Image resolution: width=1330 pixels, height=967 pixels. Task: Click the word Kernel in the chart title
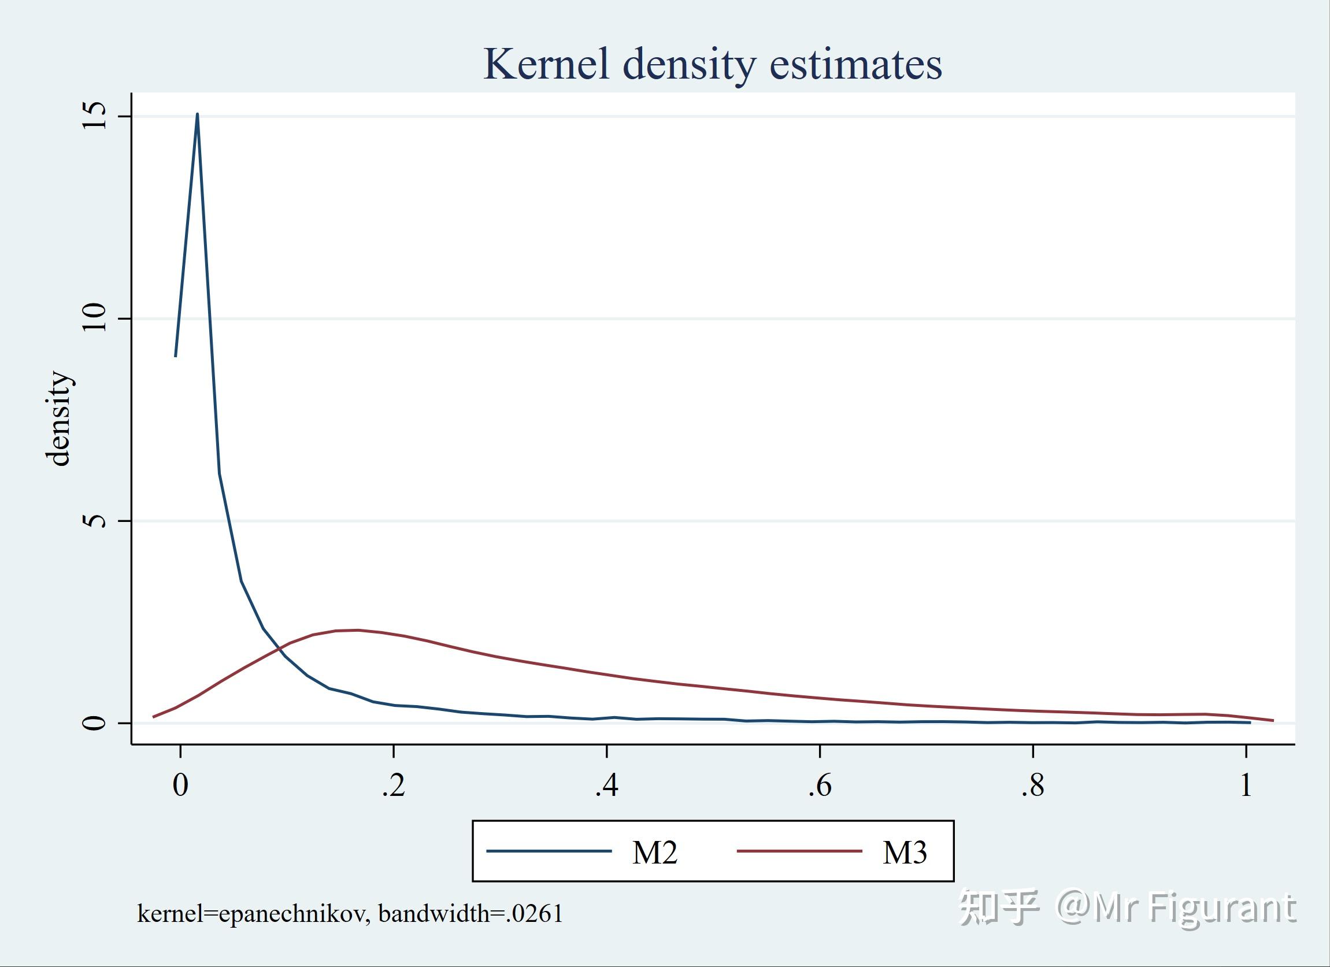(546, 64)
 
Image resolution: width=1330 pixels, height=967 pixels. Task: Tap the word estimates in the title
(855, 64)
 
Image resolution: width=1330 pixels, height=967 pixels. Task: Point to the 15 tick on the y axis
(95, 116)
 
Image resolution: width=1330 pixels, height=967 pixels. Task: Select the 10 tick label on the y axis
(95, 318)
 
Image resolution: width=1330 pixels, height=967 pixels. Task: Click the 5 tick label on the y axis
(95, 520)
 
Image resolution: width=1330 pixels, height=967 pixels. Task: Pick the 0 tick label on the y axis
(95, 723)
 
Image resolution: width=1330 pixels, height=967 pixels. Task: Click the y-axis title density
(58, 418)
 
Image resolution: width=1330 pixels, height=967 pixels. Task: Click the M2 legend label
(654, 853)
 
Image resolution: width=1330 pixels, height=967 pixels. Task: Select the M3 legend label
(905, 853)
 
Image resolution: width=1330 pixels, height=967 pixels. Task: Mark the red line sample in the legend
(799, 851)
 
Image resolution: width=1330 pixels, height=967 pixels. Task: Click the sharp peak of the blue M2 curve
(197, 114)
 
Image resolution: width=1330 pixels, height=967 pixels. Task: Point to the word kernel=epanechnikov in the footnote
(253, 914)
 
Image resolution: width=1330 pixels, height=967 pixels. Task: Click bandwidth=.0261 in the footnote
(470, 914)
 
